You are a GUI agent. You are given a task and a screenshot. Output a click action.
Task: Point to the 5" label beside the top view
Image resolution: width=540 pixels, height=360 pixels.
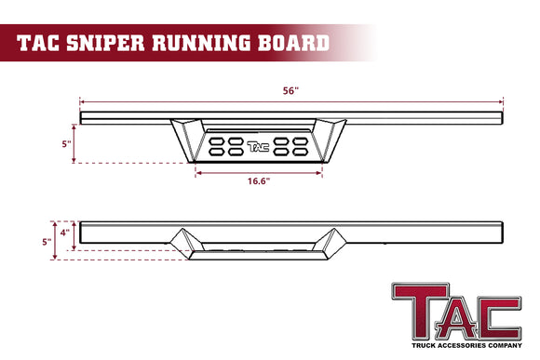point(66,143)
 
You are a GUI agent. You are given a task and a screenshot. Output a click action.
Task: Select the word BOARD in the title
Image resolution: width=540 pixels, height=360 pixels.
point(296,41)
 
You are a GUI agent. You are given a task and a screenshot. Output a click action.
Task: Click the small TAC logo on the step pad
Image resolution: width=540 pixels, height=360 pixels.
point(258,146)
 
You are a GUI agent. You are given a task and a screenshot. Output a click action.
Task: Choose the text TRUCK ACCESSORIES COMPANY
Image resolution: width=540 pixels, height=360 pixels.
point(456,347)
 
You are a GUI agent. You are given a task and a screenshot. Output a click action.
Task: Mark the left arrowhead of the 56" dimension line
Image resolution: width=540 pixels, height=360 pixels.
point(82,100)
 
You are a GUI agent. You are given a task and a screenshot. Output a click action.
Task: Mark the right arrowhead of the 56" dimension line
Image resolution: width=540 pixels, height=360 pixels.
point(503,100)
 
